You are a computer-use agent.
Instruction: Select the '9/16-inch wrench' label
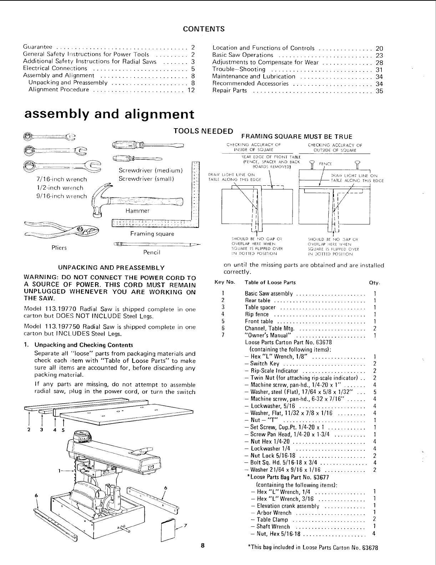pyautogui.click(x=59, y=196)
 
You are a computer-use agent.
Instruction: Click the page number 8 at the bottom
pyautogui.click(x=202, y=545)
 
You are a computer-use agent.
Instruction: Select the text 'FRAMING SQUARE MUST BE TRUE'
pyautogui.click(x=297, y=136)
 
